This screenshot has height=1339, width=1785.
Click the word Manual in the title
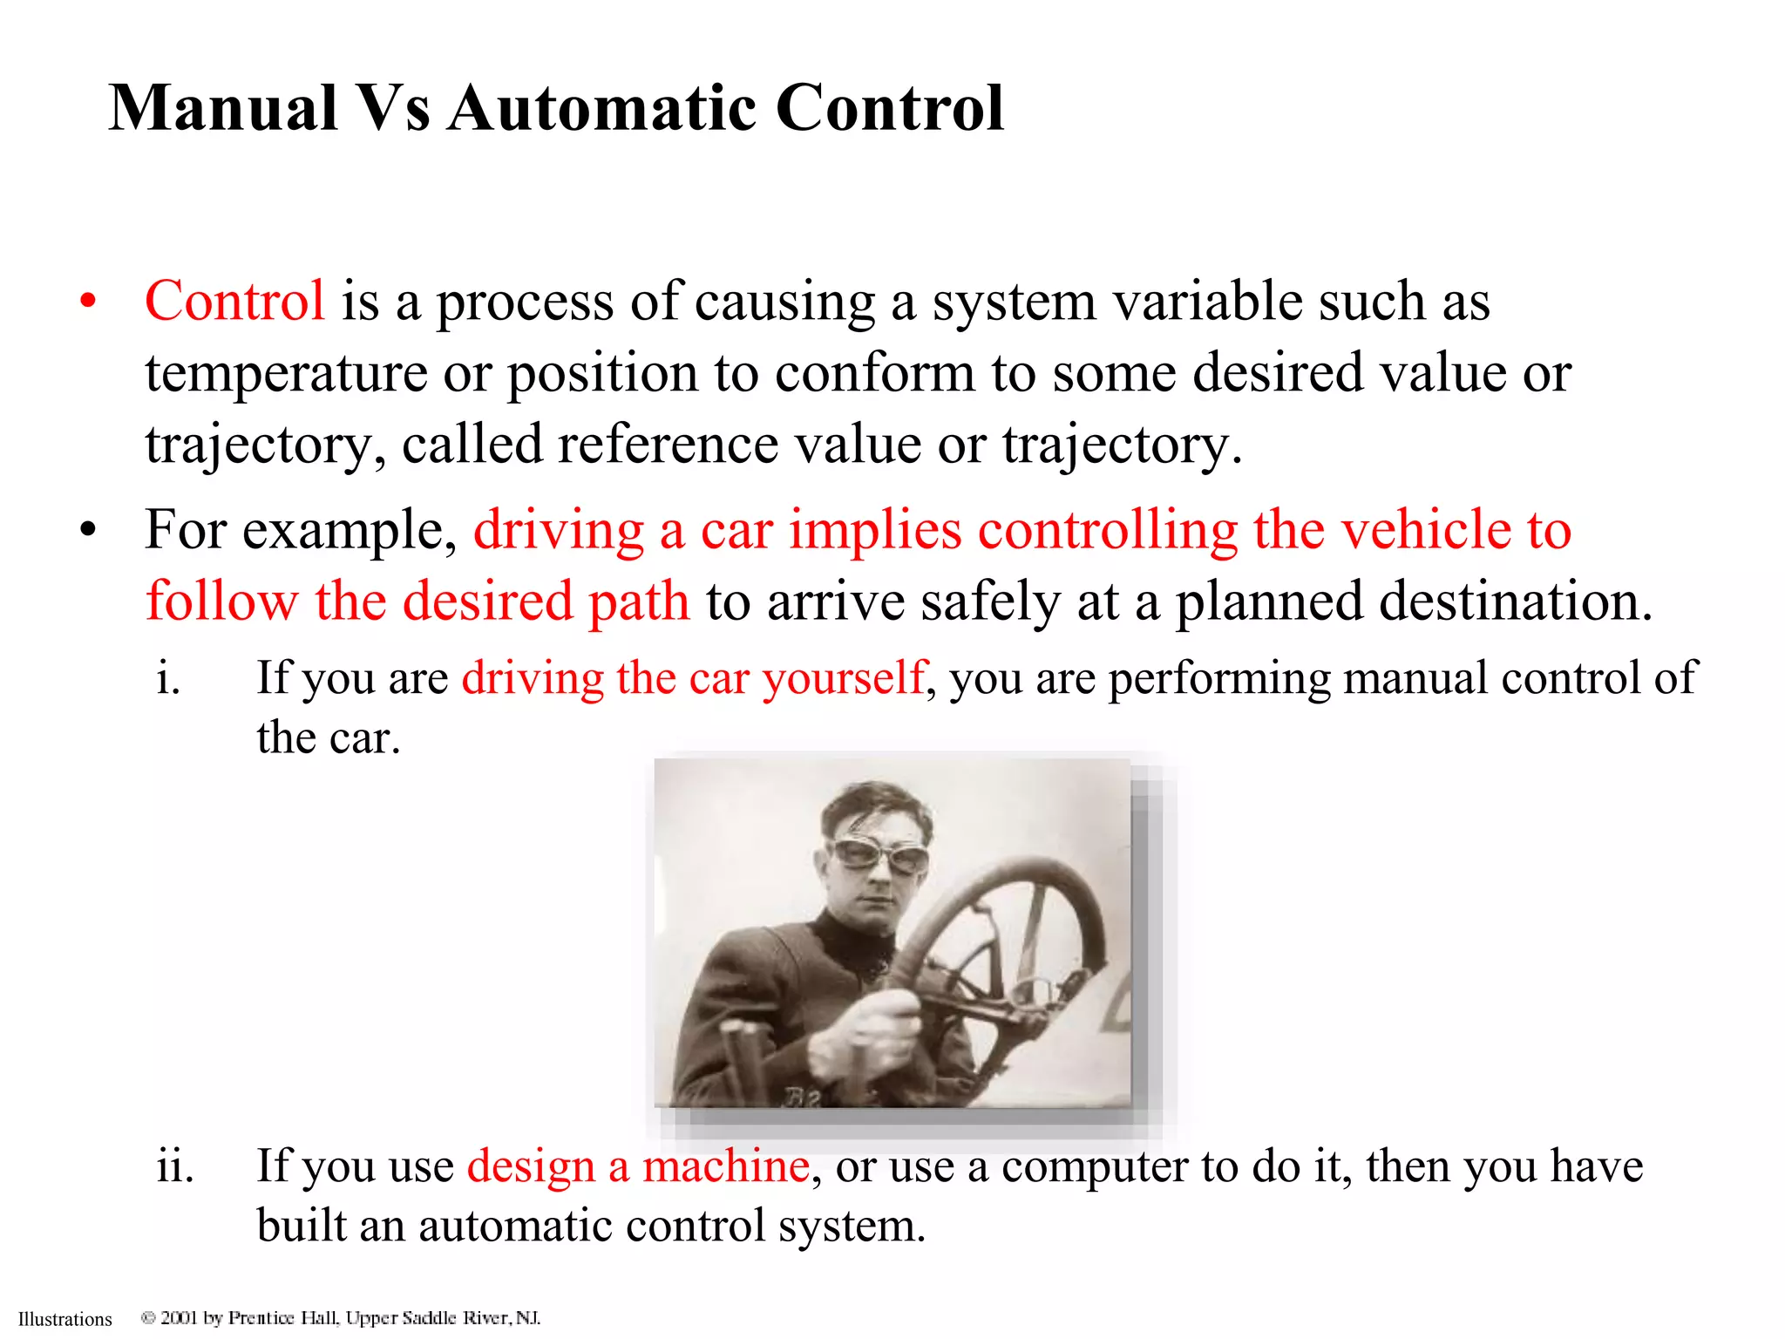223,108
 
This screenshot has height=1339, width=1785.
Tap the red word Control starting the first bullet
234,302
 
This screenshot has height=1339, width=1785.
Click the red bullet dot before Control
87,302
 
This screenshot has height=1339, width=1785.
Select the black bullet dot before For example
87,530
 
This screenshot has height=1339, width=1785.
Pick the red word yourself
843,678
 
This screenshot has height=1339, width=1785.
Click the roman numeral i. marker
169,678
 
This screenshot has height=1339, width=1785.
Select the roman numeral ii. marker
174,1166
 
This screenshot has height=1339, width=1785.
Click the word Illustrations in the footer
65,1319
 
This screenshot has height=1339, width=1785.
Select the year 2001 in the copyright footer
179,1317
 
